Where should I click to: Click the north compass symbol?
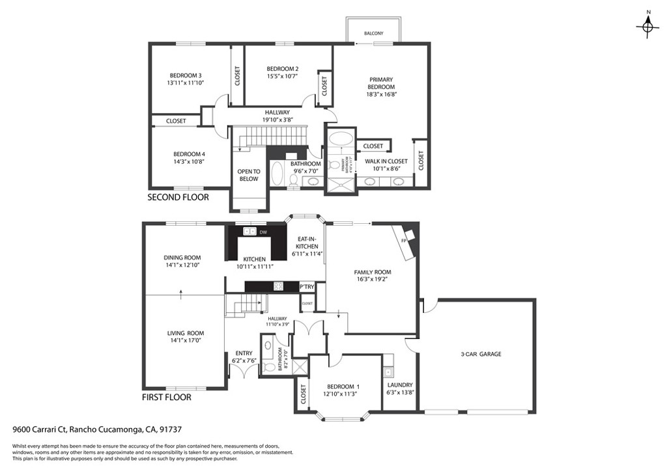(647, 25)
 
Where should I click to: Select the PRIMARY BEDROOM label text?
(381, 83)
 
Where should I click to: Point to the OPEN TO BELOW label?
(249, 176)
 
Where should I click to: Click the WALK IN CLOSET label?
(386, 161)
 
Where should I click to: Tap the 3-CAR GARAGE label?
(481, 355)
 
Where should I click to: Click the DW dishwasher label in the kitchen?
(263, 232)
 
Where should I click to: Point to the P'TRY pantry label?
(307, 287)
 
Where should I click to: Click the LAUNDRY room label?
(400, 384)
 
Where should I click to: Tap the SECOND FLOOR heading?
(178, 197)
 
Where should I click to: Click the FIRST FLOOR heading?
(167, 397)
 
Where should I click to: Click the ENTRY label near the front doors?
(244, 353)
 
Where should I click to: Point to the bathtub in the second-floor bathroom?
(277, 175)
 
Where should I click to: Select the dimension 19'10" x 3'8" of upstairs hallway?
(277, 120)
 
